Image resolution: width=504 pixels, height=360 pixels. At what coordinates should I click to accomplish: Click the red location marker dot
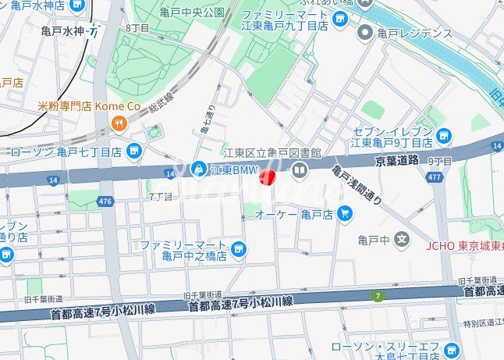(267, 177)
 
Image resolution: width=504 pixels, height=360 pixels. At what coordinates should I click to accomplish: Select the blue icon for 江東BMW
(200, 168)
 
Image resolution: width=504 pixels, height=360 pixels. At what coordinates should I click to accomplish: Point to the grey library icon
(299, 169)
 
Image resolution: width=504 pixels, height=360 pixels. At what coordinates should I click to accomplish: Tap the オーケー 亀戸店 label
(294, 213)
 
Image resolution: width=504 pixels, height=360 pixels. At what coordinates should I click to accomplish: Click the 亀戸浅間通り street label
(356, 184)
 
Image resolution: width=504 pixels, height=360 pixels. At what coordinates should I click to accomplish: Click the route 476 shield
(104, 201)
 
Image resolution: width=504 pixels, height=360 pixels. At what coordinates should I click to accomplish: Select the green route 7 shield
(379, 295)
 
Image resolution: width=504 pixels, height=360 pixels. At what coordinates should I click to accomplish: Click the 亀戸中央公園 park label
(192, 12)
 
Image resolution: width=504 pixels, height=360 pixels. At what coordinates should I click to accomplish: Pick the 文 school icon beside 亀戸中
(402, 239)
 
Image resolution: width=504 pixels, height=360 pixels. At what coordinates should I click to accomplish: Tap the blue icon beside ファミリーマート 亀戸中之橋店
(240, 250)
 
